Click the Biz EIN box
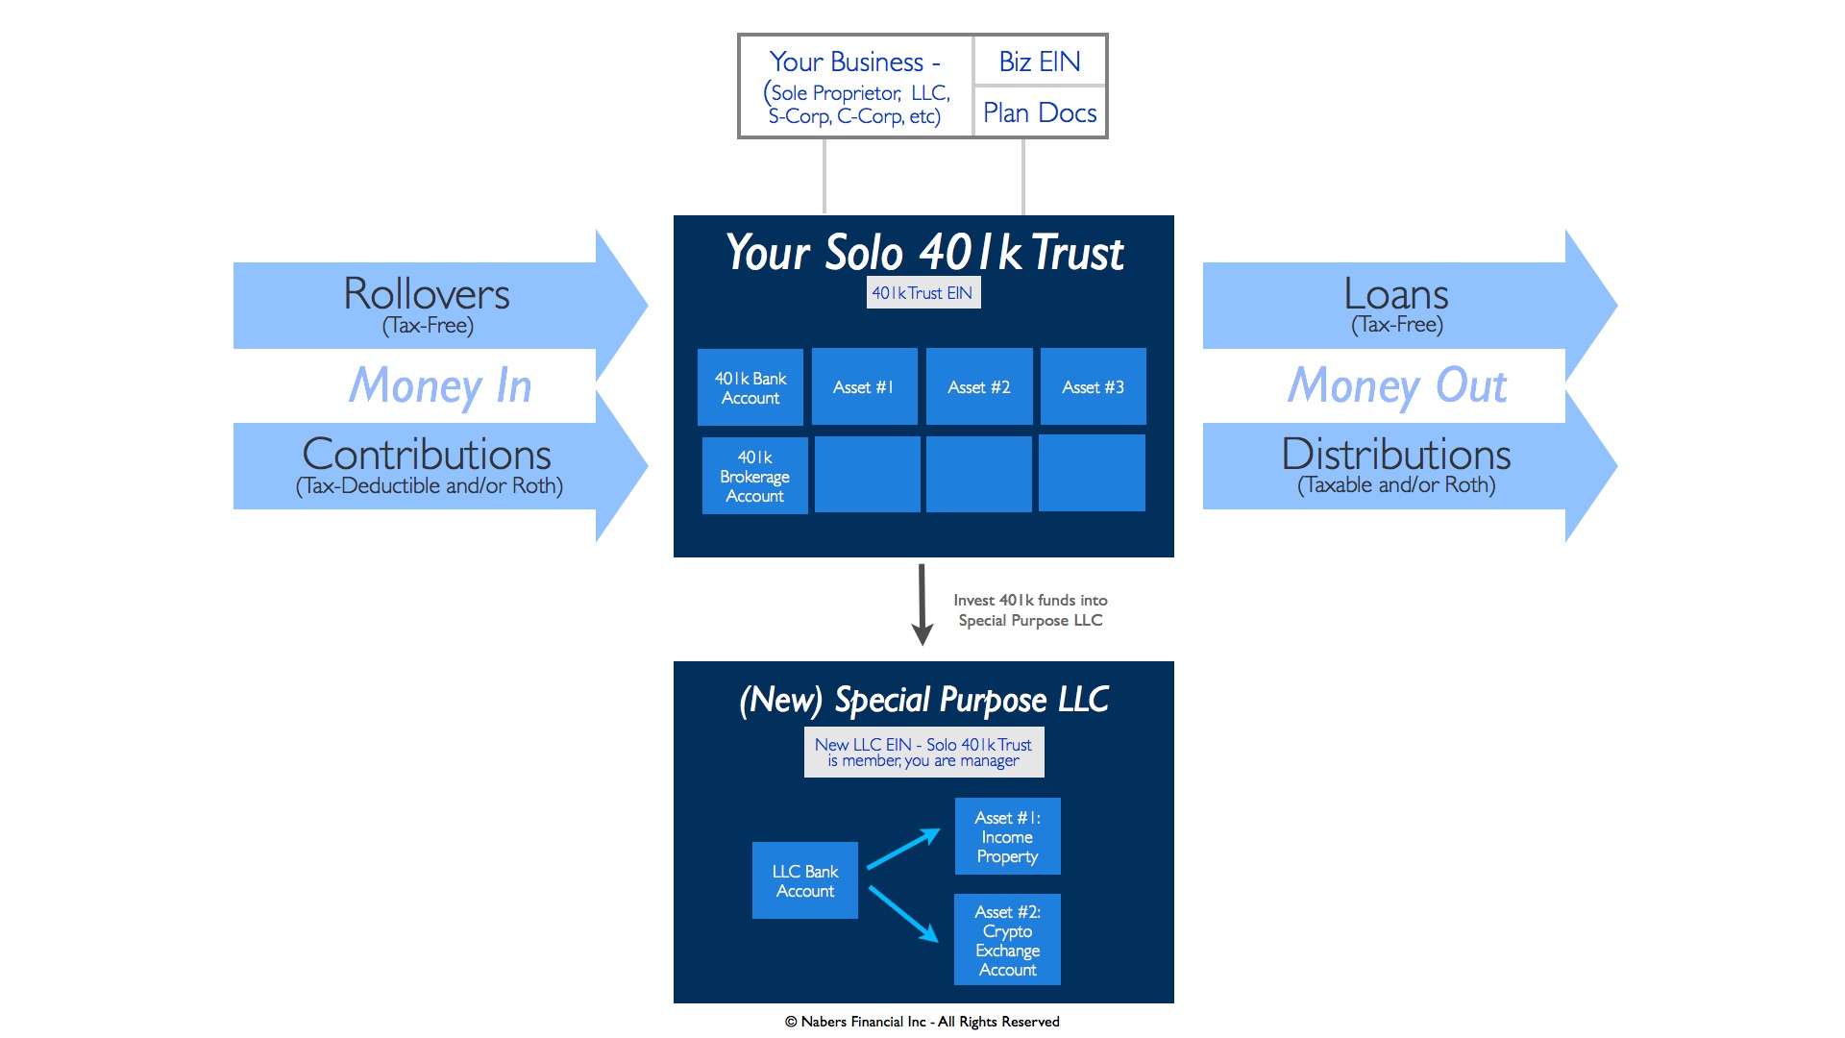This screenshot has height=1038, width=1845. click(1040, 62)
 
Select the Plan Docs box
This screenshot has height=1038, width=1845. click(1040, 112)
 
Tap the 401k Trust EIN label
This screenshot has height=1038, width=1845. click(922, 293)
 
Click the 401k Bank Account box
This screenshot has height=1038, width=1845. click(750, 387)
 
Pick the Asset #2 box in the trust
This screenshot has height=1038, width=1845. click(979, 386)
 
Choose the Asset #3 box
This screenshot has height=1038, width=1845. click(1093, 386)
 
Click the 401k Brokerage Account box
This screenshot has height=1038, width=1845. click(754, 476)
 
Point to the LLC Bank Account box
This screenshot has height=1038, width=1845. click(805, 880)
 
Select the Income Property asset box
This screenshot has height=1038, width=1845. click(1007, 836)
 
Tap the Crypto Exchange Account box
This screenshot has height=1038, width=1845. click(1007, 940)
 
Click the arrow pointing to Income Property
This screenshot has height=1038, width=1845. click(903, 849)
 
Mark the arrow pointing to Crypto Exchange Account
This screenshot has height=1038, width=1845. click(903, 913)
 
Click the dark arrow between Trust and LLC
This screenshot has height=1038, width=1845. click(922, 604)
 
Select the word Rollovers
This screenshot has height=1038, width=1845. click(427, 294)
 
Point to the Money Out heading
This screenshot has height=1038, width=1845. click(1397, 385)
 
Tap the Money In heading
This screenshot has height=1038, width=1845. click(440, 385)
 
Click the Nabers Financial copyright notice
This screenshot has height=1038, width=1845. click(922, 1022)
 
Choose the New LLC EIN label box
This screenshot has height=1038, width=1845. click(923, 752)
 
